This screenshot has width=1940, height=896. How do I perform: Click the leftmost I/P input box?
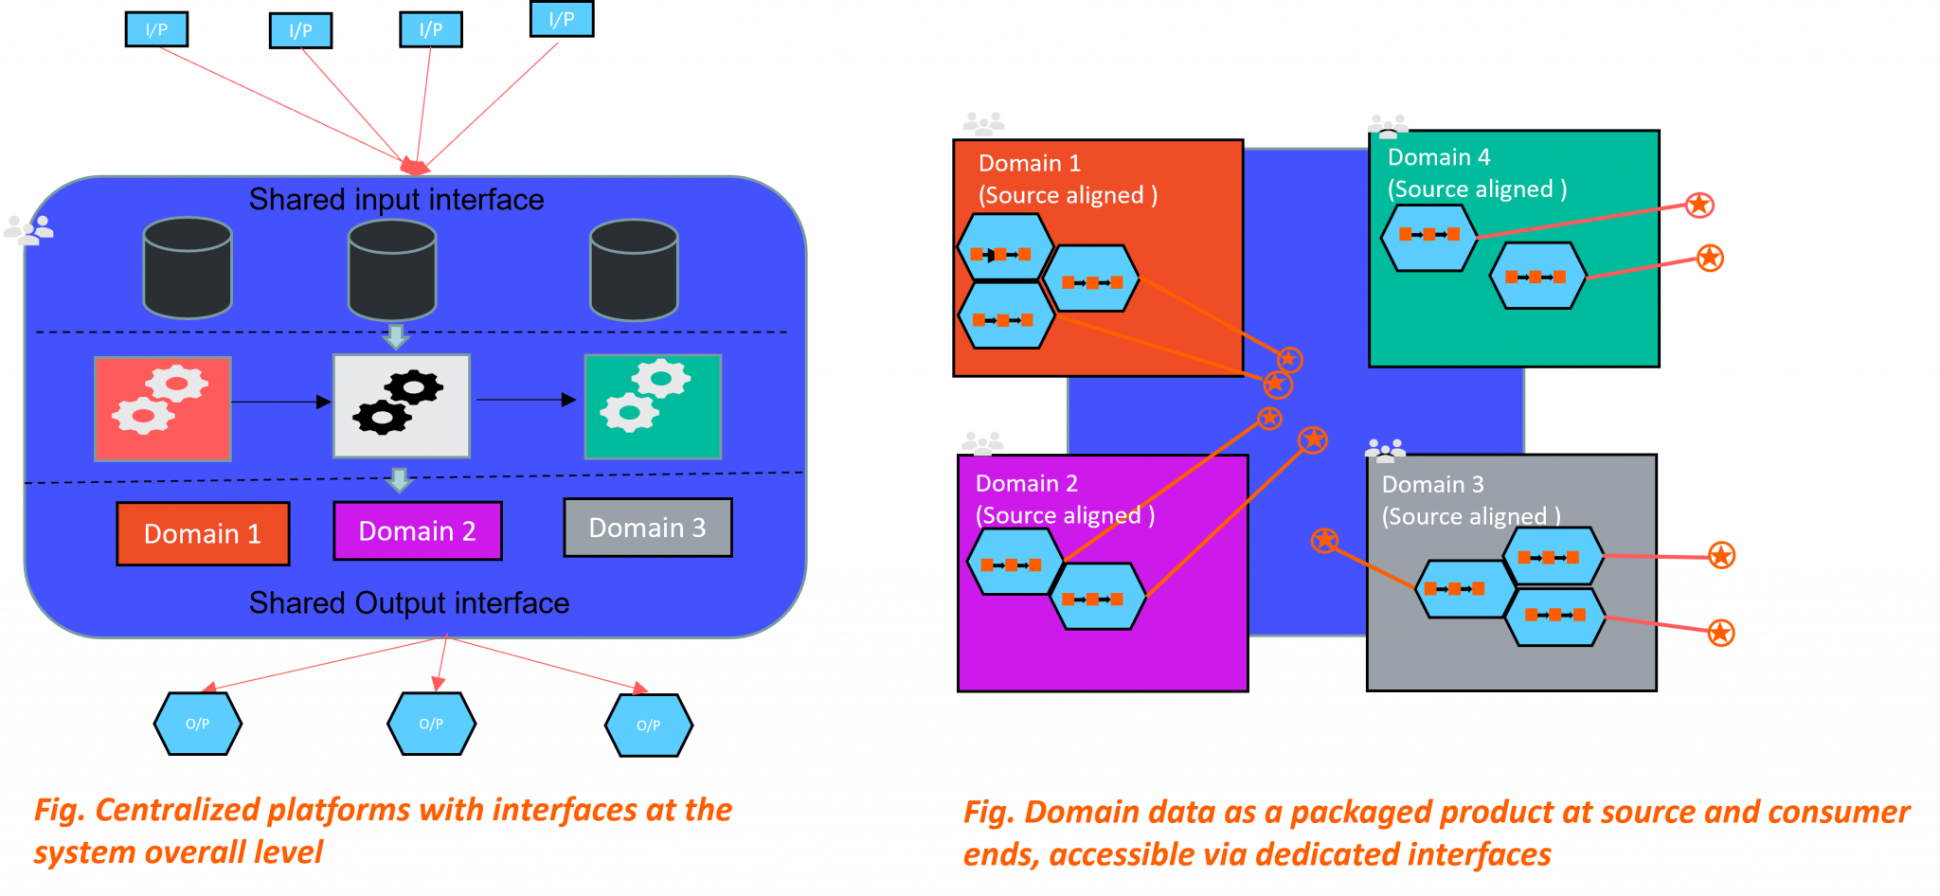(x=156, y=29)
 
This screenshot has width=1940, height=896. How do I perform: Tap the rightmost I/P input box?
(x=562, y=19)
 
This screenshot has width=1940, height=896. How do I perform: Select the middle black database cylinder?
(x=392, y=270)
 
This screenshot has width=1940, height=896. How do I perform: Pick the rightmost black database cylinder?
(x=634, y=270)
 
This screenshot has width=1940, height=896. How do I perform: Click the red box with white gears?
(x=163, y=408)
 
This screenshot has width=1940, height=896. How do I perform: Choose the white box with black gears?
(x=402, y=406)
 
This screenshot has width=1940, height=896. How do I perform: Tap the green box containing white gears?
(x=653, y=406)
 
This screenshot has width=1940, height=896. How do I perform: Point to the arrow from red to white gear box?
(x=280, y=402)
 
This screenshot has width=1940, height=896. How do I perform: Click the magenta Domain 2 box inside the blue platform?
(x=418, y=530)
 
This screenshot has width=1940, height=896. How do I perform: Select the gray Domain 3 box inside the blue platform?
(x=648, y=528)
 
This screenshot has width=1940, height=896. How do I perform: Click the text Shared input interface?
(x=396, y=200)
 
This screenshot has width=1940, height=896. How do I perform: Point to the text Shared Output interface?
(x=409, y=603)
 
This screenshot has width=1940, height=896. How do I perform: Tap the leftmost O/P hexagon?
(x=197, y=724)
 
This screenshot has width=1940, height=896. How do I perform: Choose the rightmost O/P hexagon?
(x=649, y=726)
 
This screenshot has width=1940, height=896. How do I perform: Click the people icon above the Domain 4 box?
(x=1388, y=124)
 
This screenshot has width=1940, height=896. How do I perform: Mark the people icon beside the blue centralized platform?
(x=28, y=230)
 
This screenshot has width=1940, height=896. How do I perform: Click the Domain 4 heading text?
(x=1439, y=157)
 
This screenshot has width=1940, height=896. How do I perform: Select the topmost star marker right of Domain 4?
(x=1699, y=205)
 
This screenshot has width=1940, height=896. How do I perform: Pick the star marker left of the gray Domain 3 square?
(x=1324, y=541)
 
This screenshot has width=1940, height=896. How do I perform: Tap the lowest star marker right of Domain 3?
(x=1721, y=633)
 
